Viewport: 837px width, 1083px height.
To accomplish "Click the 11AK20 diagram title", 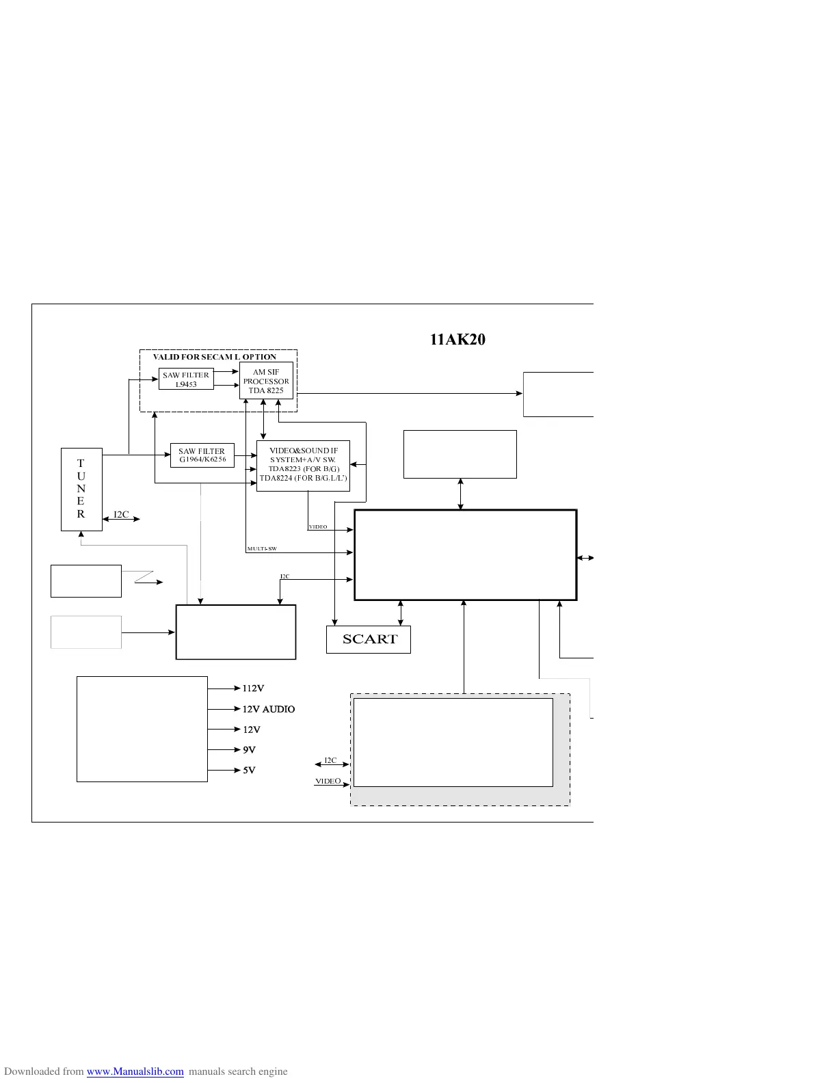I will (x=457, y=340).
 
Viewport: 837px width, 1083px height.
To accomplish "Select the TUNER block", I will (x=81, y=489).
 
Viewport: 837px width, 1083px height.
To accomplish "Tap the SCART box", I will (x=369, y=639).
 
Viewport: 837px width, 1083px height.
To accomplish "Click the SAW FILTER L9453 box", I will (x=186, y=379).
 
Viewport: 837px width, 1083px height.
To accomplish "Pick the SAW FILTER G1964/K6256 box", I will (x=202, y=455).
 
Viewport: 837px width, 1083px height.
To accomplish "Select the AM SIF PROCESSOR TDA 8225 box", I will (x=266, y=381).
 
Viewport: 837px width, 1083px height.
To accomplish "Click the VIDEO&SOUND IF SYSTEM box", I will (x=303, y=465).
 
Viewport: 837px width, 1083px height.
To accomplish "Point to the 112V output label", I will (x=253, y=688).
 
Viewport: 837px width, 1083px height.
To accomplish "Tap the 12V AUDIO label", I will (x=269, y=709).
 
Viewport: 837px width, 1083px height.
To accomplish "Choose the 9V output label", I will (x=249, y=750).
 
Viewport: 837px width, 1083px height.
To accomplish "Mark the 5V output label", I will (x=249, y=771).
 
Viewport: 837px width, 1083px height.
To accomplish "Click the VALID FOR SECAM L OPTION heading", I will (x=215, y=357).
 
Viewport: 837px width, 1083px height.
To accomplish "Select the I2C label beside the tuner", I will (x=121, y=515).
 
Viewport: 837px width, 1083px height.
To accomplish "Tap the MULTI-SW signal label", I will (x=262, y=549).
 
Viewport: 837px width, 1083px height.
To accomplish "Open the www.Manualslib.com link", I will (x=135, y=1071).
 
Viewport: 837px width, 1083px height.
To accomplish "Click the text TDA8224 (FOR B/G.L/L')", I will (x=303, y=478).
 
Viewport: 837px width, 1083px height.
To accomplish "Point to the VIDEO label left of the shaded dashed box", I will (x=328, y=781).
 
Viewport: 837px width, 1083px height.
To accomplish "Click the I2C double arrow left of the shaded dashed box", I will (x=332, y=764).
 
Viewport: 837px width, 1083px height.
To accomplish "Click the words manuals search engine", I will (x=238, y=1071).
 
